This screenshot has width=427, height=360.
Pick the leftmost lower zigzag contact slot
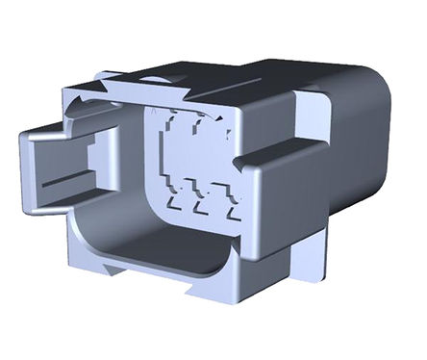(x=179, y=199)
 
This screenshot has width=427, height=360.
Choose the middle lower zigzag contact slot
(x=202, y=201)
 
